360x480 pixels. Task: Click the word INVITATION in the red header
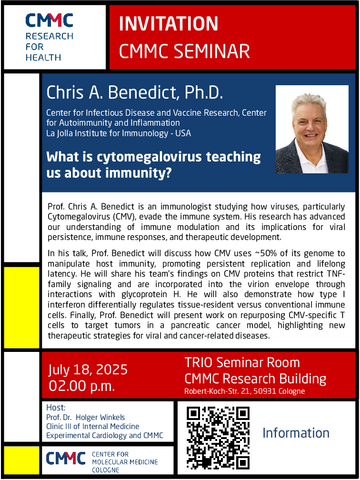pyautogui.click(x=168, y=24)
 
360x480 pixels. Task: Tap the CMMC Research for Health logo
pyautogui.click(x=49, y=37)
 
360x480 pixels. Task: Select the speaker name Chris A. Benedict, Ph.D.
pyautogui.click(x=134, y=92)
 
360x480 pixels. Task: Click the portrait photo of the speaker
pyautogui.click(x=312, y=129)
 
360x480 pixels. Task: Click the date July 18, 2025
pyautogui.click(x=88, y=370)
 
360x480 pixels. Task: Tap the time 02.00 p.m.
pyautogui.click(x=81, y=386)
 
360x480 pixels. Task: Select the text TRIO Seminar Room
pyautogui.click(x=242, y=362)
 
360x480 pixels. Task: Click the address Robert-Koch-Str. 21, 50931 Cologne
pyautogui.click(x=245, y=391)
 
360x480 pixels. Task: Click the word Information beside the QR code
pyautogui.click(x=296, y=433)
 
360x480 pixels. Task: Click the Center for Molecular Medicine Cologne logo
pyautogui.click(x=102, y=461)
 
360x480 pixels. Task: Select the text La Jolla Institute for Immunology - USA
pyautogui.click(x=119, y=133)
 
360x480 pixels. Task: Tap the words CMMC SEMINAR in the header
pyautogui.click(x=184, y=51)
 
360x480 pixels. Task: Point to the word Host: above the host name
pyautogui.click(x=56, y=408)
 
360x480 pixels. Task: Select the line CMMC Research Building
pyautogui.click(x=255, y=379)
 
